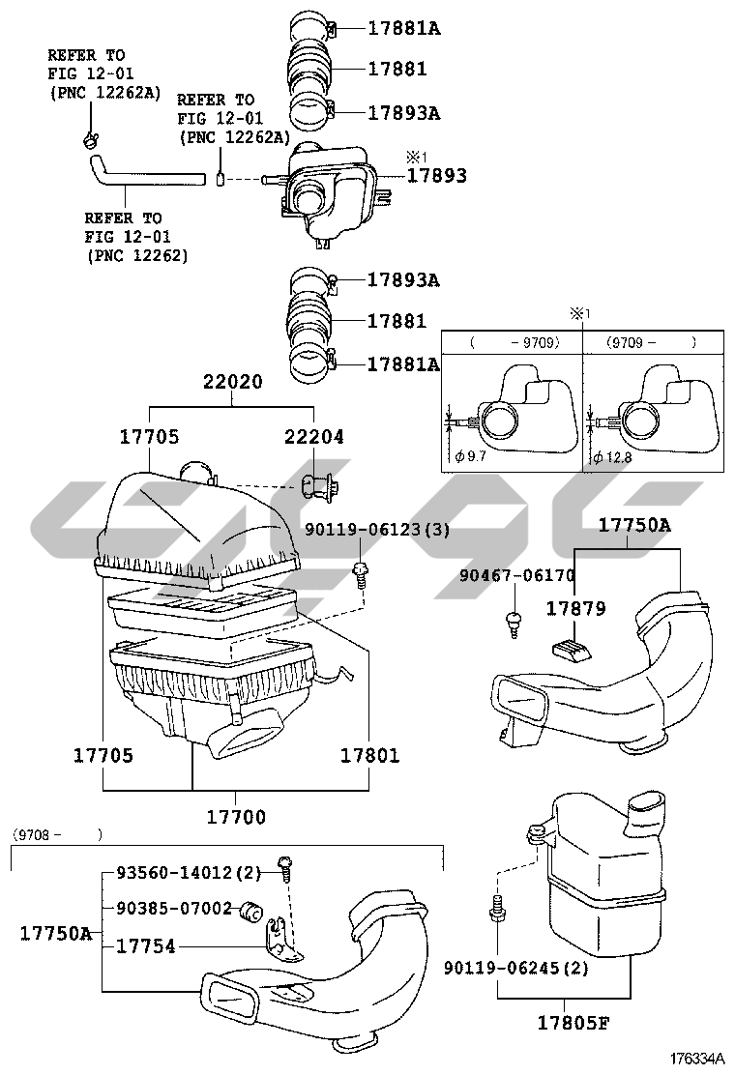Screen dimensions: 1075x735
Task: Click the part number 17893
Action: click(436, 176)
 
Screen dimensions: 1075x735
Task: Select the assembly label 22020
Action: click(232, 382)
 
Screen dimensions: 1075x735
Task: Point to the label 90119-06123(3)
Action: click(378, 530)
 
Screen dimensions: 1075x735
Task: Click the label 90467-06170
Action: click(516, 575)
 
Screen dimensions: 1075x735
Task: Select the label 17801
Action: click(368, 755)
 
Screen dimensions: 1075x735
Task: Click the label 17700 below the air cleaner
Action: click(235, 817)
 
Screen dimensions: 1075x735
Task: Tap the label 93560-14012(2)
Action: click(189, 873)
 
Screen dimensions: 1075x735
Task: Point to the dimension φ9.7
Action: click(471, 455)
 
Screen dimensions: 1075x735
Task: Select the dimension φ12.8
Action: click(612, 455)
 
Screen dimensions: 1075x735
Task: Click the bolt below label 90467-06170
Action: click(513, 624)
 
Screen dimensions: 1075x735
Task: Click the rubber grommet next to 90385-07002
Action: click(253, 910)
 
